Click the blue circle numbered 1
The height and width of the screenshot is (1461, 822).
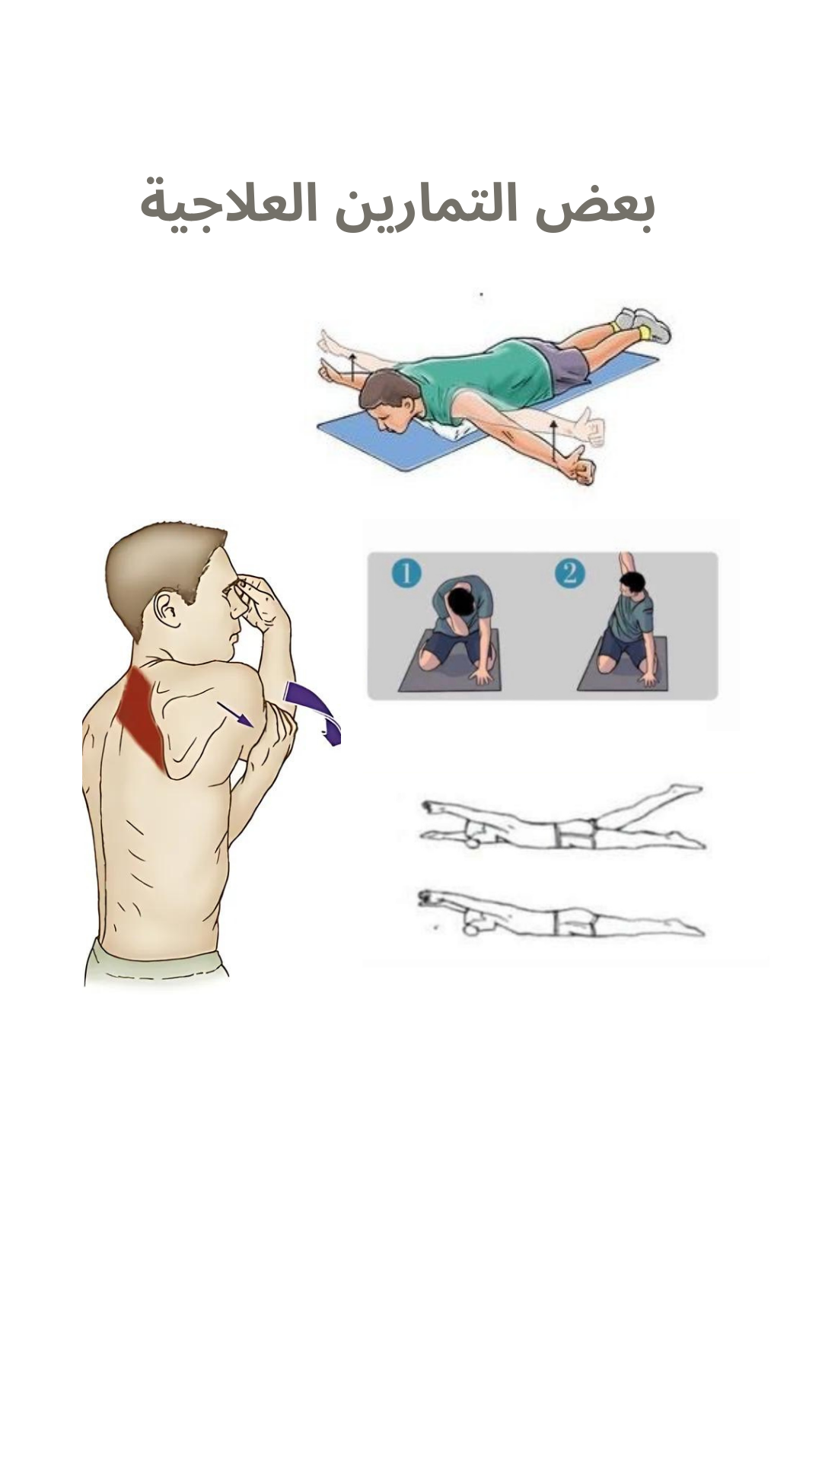tap(406, 572)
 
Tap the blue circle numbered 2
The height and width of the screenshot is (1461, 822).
tap(570, 572)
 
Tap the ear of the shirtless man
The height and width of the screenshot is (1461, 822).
tap(167, 609)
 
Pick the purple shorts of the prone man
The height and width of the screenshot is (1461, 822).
tap(564, 363)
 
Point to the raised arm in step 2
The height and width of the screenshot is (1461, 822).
tap(626, 568)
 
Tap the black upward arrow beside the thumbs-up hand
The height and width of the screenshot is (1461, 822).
tap(554, 442)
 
